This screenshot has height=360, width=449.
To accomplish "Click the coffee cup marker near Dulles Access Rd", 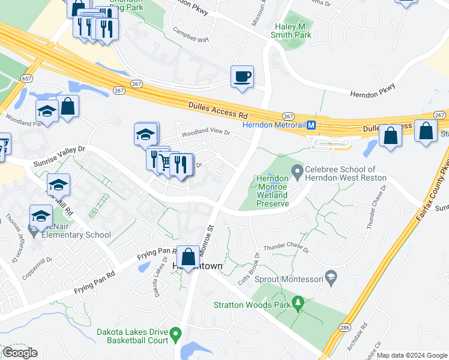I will (x=242, y=77).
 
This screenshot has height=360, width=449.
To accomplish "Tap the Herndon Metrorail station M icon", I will (x=312, y=125).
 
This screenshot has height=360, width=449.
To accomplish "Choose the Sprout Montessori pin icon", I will (x=330, y=277).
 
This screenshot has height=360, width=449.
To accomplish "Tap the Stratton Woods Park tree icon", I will (x=297, y=304).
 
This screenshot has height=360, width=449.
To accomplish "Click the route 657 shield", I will (x=26, y=79).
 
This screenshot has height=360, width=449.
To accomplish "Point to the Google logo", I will (x=20, y=353).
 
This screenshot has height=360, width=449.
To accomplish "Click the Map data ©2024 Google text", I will (x=412, y=355).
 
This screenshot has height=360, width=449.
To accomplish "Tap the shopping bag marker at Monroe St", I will (x=188, y=257).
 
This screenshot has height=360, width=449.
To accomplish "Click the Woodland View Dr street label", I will (x=206, y=133).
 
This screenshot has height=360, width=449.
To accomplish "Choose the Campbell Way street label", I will (x=190, y=35).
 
